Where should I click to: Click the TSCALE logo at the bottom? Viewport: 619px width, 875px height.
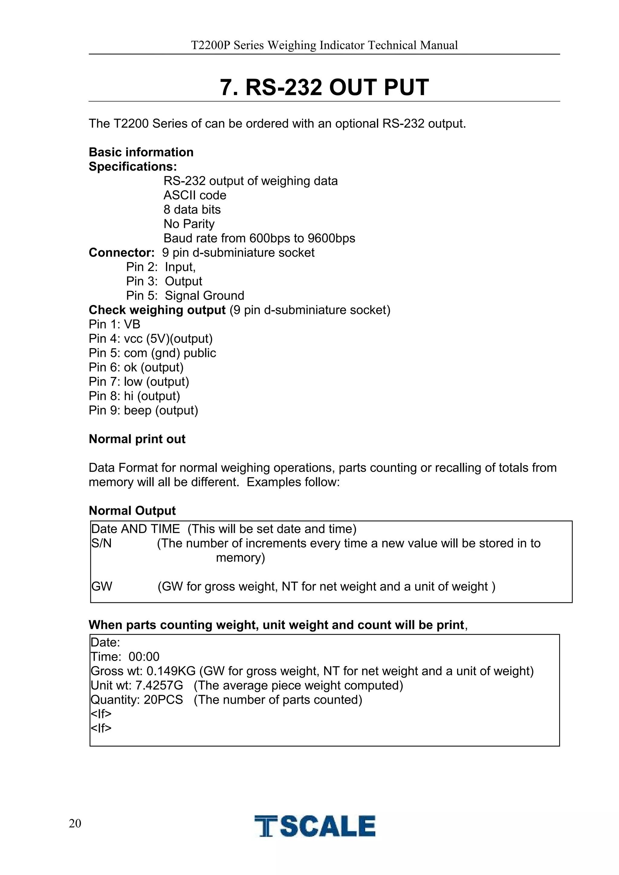click(315, 826)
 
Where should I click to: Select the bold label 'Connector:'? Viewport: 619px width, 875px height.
click(121, 252)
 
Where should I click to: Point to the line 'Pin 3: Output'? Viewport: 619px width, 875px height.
click(164, 281)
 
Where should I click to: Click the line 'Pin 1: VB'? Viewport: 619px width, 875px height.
click(115, 324)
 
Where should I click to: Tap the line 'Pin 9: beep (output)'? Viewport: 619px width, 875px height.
click(143, 410)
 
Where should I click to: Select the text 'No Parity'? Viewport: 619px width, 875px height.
click(189, 224)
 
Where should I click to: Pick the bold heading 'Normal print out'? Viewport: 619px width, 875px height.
click(137, 439)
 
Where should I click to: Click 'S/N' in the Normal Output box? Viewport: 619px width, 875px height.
click(101, 543)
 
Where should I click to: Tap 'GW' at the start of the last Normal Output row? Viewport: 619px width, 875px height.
click(102, 586)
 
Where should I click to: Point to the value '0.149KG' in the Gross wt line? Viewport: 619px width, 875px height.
click(171, 671)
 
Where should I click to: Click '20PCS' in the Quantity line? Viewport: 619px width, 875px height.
click(163, 700)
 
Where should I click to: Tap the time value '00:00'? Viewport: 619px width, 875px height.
click(144, 657)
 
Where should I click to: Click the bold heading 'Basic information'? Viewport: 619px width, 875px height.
click(141, 152)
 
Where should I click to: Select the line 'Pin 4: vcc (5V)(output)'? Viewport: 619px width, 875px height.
click(151, 339)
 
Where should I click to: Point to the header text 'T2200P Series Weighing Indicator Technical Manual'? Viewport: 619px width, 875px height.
click(324, 45)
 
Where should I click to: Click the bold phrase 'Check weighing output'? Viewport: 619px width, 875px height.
click(157, 310)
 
